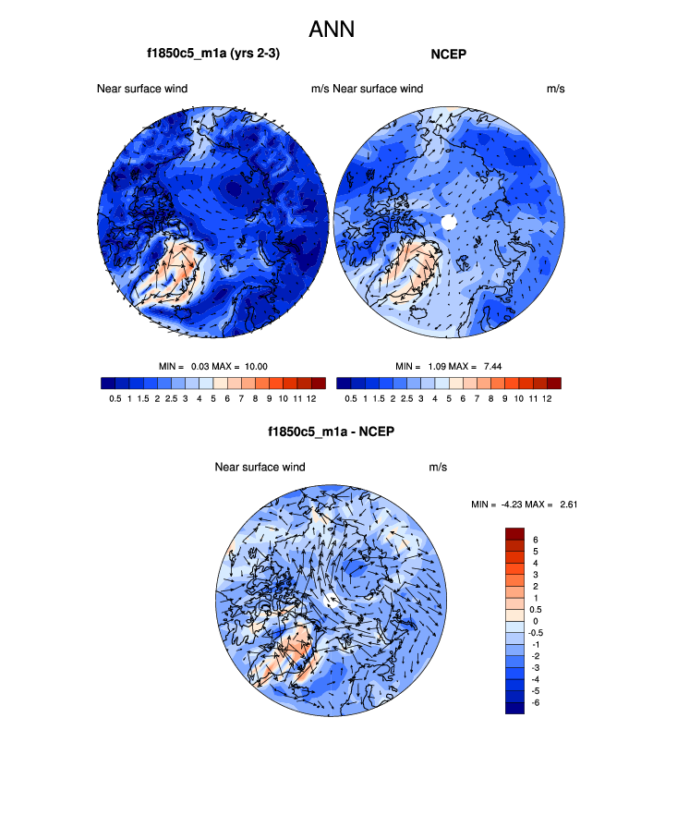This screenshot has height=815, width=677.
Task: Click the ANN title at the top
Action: pyautogui.click(x=338, y=30)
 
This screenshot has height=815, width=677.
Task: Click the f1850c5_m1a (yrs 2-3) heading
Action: pyautogui.click(x=213, y=54)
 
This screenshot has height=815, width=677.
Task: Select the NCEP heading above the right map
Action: pyautogui.click(x=448, y=54)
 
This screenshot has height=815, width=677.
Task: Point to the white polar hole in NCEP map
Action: pyautogui.click(x=448, y=222)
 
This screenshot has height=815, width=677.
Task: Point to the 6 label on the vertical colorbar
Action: pyautogui.click(x=535, y=540)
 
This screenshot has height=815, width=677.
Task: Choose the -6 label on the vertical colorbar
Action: pyautogui.click(x=537, y=703)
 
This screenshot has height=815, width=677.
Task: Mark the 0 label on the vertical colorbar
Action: pyautogui.click(x=535, y=621)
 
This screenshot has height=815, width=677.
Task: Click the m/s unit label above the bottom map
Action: pyautogui.click(x=438, y=467)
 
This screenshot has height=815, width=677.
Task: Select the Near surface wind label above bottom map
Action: pyautogui.click(x=260, y=467)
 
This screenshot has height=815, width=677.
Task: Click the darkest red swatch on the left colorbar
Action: pyautogui.click(x=319, y=383)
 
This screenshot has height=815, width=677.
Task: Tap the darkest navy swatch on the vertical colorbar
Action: pyautogui.click(x=514, y=708)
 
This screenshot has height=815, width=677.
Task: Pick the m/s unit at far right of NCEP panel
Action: pyautogui.click(x=556, y=89)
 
